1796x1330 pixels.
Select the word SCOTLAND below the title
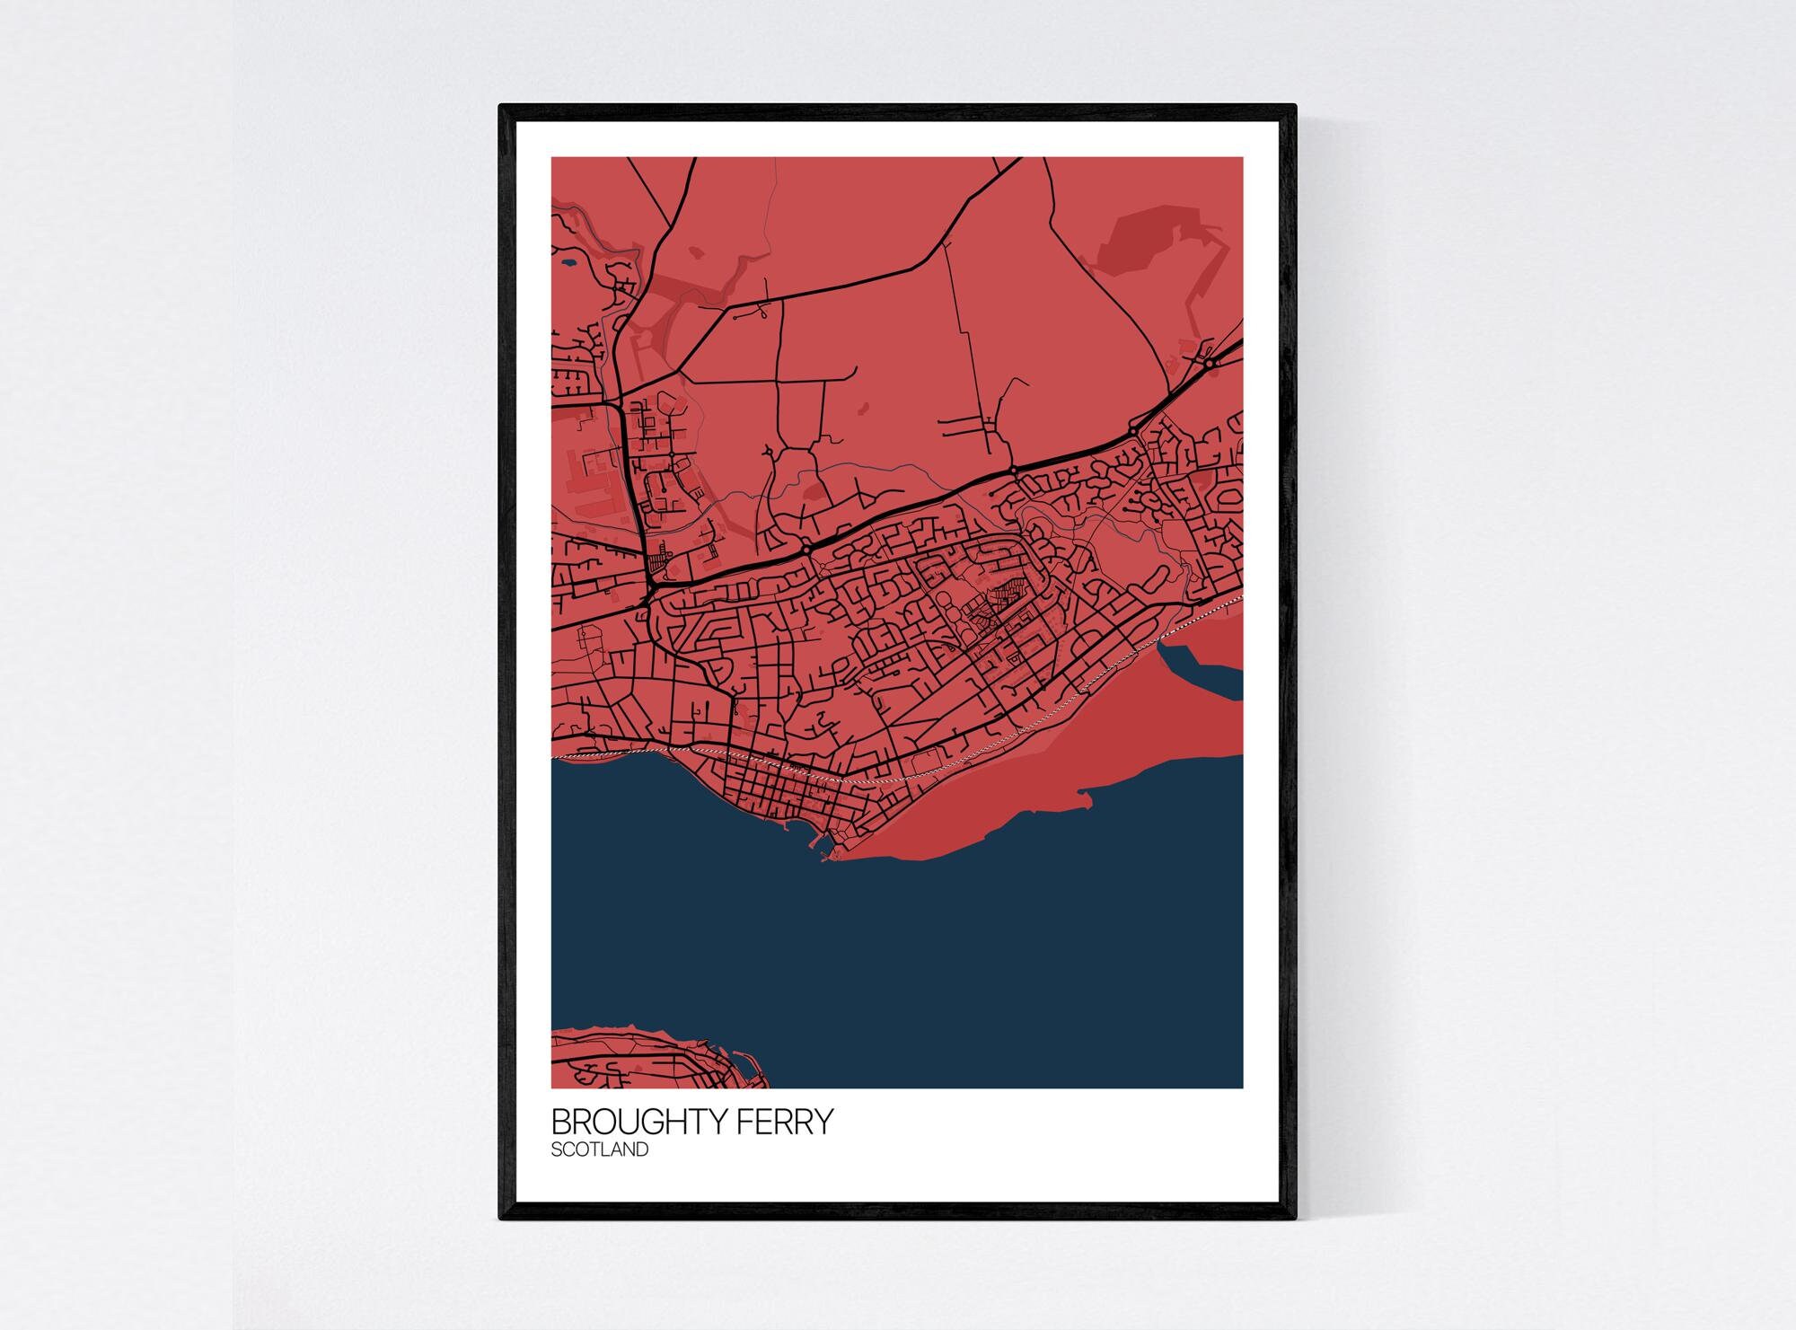[599, 1149]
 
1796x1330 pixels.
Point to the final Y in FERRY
[823, 1123]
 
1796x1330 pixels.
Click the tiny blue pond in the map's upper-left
[570, 265]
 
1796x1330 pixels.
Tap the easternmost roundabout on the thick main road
[1210, 364]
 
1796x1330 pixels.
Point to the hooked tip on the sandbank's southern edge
[1085, 794]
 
